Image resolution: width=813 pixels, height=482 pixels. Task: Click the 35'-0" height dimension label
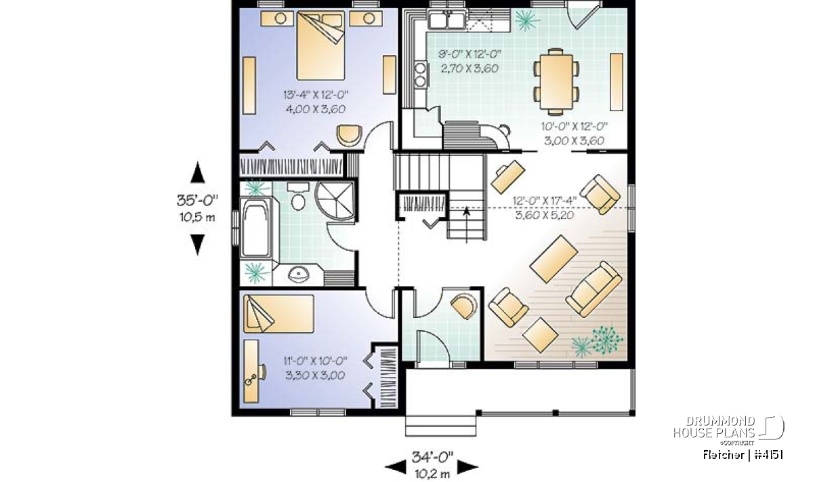(x=197, y=201)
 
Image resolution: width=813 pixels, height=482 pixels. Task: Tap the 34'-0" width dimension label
(x=433, y=456)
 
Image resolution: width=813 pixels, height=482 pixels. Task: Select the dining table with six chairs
(x=556, y=82)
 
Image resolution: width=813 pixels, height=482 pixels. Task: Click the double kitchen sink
(x=446, y=19)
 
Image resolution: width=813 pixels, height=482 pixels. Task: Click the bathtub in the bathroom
(x=255, y=228)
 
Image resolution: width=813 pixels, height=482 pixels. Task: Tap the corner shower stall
(x=335, y=201)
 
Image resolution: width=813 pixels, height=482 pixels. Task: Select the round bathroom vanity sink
(x=298, y=275)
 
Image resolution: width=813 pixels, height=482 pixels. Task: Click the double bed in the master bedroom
(x=320, y=45)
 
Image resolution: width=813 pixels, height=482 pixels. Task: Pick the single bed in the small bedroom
(x=278, y=313)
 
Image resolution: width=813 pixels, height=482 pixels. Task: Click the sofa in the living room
(x=593, y=289)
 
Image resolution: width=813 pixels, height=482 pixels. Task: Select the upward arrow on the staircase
(x=466, y=224)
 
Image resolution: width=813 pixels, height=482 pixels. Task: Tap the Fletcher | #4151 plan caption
(x=743, y=455)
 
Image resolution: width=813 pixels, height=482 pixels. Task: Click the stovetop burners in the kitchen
(x=420, y=75)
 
